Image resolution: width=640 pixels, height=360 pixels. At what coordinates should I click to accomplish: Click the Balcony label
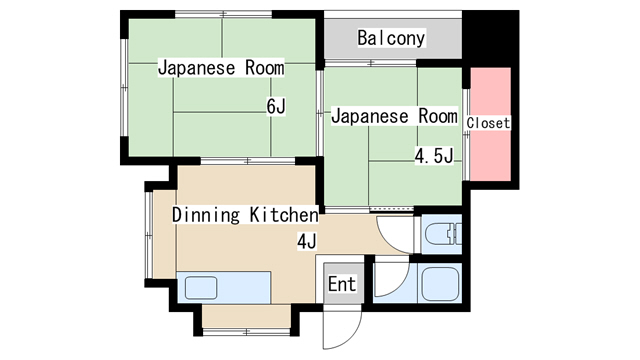(391, 39)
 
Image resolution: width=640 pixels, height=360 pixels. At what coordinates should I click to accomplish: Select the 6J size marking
(276, 106)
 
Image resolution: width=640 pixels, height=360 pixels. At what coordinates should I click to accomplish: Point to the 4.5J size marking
(435, 155)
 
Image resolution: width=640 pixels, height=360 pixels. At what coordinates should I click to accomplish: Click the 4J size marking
(306, 241)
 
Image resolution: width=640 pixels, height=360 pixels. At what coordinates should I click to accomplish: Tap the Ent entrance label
(342, 284)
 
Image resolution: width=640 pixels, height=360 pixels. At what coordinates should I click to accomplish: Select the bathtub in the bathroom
(439, 285)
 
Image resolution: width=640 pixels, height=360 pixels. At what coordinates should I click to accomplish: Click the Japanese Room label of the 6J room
(221, 69)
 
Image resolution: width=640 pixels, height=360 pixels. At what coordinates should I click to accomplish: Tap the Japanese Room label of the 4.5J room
(394, 116)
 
